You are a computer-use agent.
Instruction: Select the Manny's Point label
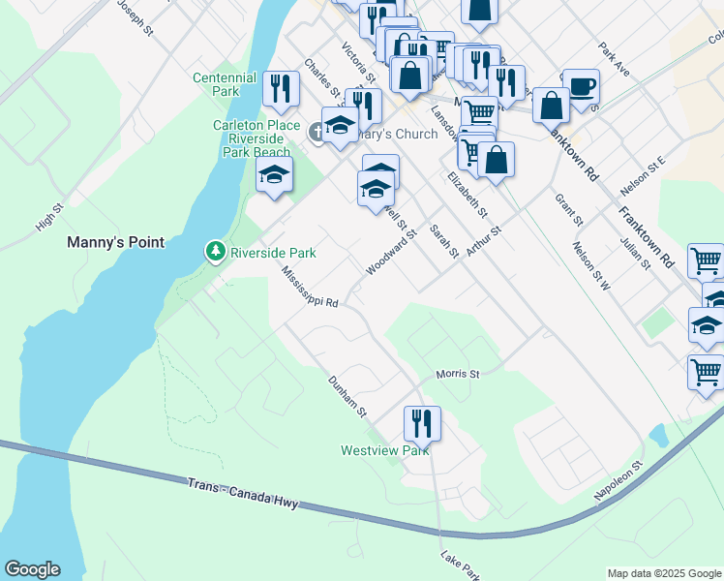(x=115, y=241)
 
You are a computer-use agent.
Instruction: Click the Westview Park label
(x=384, y=450)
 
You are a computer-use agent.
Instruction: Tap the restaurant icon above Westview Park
(x=422, y=423)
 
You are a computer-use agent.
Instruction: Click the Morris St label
(x=458, y=374)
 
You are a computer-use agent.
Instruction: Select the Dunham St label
(x=347, y=397)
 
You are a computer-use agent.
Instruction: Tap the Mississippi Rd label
(x=309, y=289)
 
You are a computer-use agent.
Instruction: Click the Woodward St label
(x=391, y=252)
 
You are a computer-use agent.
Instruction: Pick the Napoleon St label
(x=618, y=482)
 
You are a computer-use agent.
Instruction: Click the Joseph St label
(x=136, y=17)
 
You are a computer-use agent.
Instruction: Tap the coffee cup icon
(x=581, y=86)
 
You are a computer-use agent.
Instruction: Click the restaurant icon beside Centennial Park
(x=281, y=89)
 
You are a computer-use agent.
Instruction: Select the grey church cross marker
(x=317, y=135)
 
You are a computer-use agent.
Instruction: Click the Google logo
(x=32, y=569)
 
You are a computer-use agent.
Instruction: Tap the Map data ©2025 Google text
(x=663, y=573)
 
